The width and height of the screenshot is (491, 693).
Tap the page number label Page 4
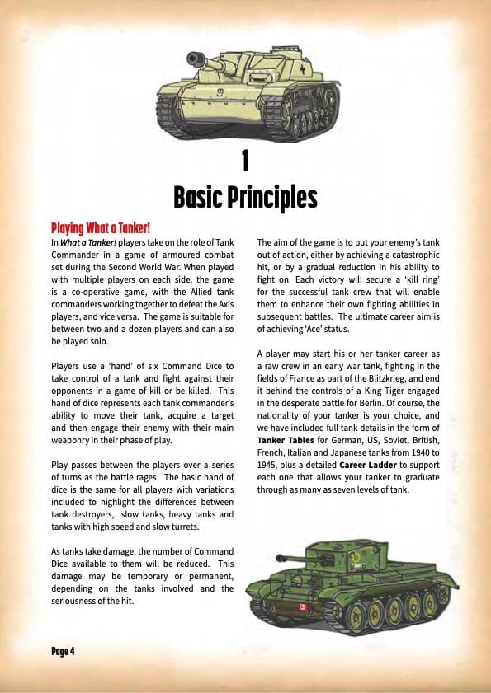63,651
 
